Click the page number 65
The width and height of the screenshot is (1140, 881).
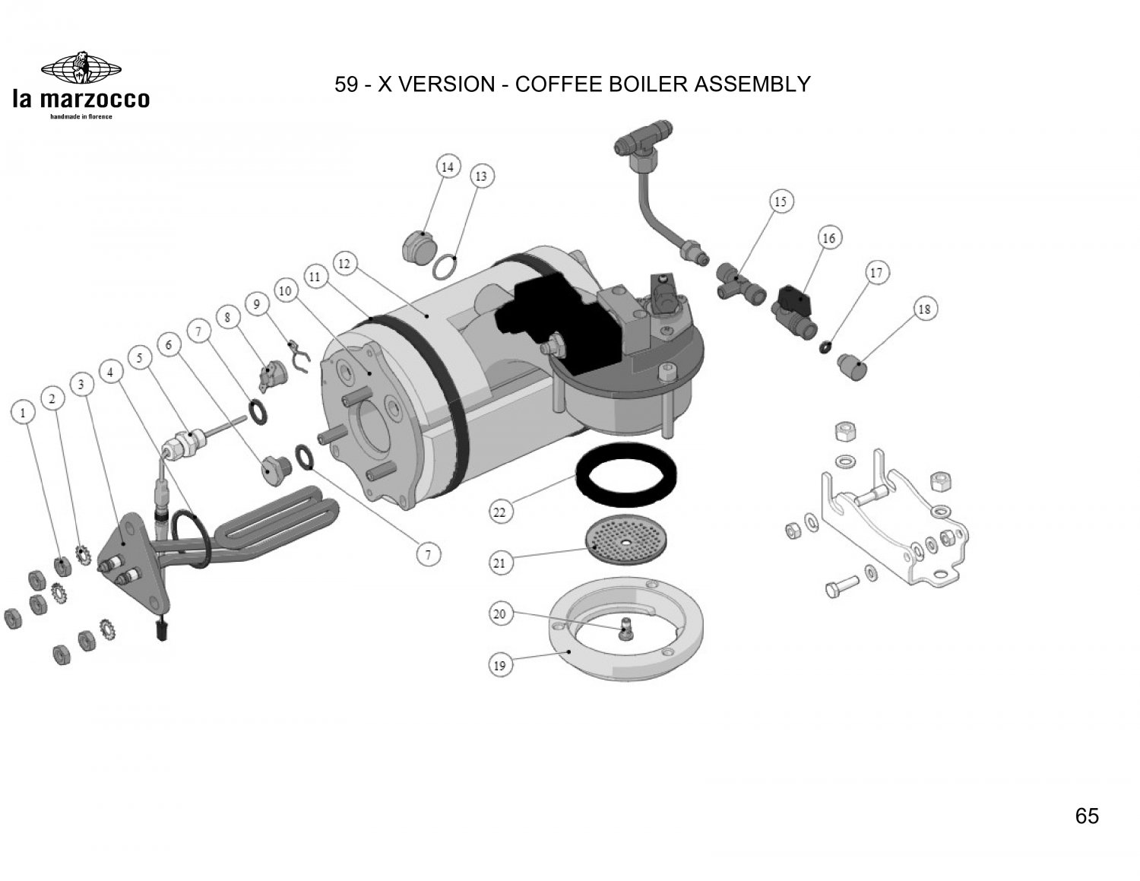(1087, 816)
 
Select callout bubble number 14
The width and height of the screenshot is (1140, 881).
(448, 167)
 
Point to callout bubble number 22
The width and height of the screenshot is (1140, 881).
(499, 512)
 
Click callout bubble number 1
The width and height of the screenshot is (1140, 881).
(24, 413)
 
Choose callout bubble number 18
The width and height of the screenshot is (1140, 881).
(925, 309)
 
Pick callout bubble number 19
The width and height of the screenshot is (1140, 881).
(499, 665)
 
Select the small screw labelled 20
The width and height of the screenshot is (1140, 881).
(625, 629)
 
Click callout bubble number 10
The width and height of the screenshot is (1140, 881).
(285, 291)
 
